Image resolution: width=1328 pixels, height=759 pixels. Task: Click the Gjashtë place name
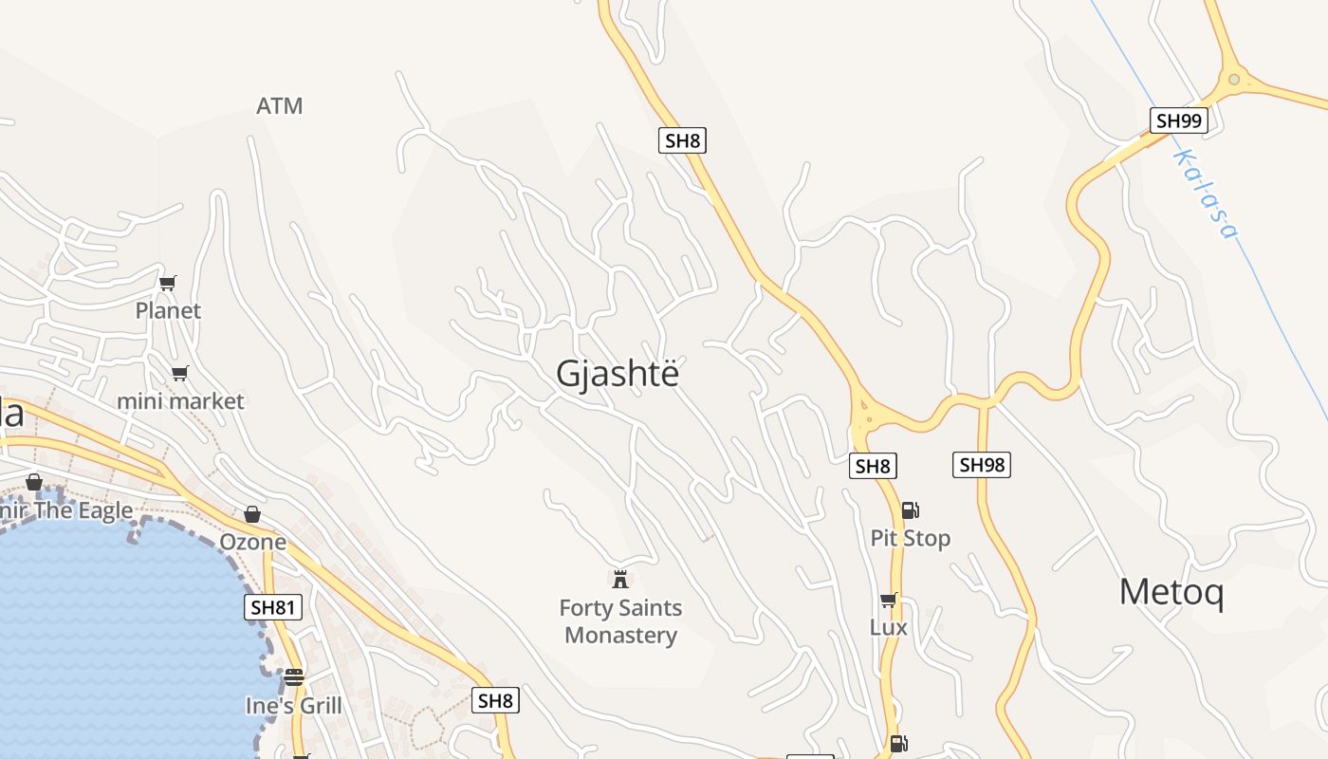[x=618, y=374]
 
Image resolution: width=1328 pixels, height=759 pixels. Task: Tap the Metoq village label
[x=1171, y=592]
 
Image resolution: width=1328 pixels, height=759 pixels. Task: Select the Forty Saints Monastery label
[x=621, y=621]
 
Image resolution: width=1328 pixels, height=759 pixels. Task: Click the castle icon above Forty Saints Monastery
[x=621, y=579]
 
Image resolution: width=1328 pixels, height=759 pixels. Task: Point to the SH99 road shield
[x=1179, y=120]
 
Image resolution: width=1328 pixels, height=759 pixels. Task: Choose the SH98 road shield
[x=982, y=465]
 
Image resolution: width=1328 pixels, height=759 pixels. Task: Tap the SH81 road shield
[x=273, y=608]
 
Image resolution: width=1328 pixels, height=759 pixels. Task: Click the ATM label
[x=280, y=106]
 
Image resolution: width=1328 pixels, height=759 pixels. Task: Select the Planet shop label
[x=168, y=310]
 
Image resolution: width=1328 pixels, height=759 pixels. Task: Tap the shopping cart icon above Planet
[x=168, y=283]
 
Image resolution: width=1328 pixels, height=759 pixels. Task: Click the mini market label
[x=180, y=401]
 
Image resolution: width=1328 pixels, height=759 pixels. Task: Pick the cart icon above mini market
[x=180, y=373]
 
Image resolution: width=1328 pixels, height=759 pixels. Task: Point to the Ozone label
[x=252, y=542]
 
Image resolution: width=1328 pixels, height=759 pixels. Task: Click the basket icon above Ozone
[x=252, y=514]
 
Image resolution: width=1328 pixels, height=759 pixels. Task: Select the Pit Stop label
[x=911, y=538]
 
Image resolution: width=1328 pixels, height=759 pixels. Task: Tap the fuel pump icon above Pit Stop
[x=910, y=510]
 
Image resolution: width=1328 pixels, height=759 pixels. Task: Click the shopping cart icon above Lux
[x=889, y=600]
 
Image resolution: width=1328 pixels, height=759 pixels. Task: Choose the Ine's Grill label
[x=294, y=706]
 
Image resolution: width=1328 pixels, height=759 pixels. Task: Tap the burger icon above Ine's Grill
[x=294, y=677]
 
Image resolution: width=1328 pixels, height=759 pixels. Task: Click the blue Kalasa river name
[x=1207, y=194]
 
